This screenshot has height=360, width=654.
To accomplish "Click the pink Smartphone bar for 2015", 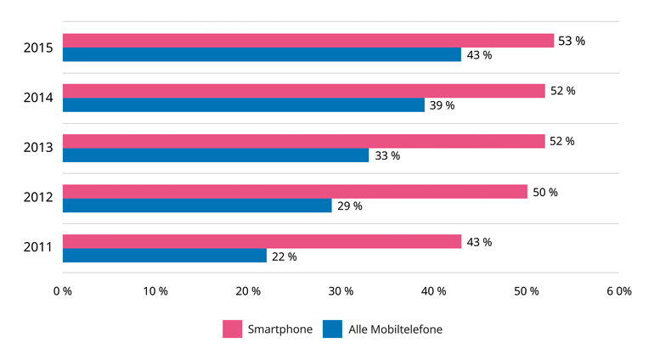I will (x=307, y=41).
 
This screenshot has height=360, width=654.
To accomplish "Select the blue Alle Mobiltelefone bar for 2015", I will (x=262, y=55).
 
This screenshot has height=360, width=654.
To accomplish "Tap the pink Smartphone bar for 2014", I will (x=303, y=91).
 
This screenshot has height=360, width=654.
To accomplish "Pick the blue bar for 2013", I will (x=216, y=155).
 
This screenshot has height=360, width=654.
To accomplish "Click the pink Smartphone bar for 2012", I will (x=295, y=192).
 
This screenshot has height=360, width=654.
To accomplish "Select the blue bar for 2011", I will (x=165, y=256).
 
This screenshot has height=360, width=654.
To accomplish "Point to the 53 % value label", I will (x=572, y=41).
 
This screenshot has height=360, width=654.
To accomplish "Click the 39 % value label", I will (x=442, y=105).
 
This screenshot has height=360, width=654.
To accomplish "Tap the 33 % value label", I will (x=386, y=155).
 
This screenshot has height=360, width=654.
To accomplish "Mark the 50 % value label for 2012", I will (x=544, y=192).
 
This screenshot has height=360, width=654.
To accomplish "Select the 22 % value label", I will (x=284, y=256).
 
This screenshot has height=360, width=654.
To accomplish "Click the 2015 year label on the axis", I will (x=38, y=48).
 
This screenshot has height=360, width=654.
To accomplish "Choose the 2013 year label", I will (x=38, y=148).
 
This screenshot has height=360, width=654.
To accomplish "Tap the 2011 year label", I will (x=38, y=248).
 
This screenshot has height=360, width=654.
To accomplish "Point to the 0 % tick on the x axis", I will (x=62, y=291).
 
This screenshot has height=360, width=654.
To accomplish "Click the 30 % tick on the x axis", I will (x=341, y=291).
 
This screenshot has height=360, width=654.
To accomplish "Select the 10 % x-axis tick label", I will (x=155, y=291).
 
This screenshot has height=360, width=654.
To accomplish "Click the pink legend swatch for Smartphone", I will (x=233, y=329).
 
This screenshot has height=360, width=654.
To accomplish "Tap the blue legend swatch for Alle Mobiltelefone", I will (x=332, y=329).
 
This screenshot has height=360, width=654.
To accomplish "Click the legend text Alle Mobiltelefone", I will (x=395, y=329).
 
